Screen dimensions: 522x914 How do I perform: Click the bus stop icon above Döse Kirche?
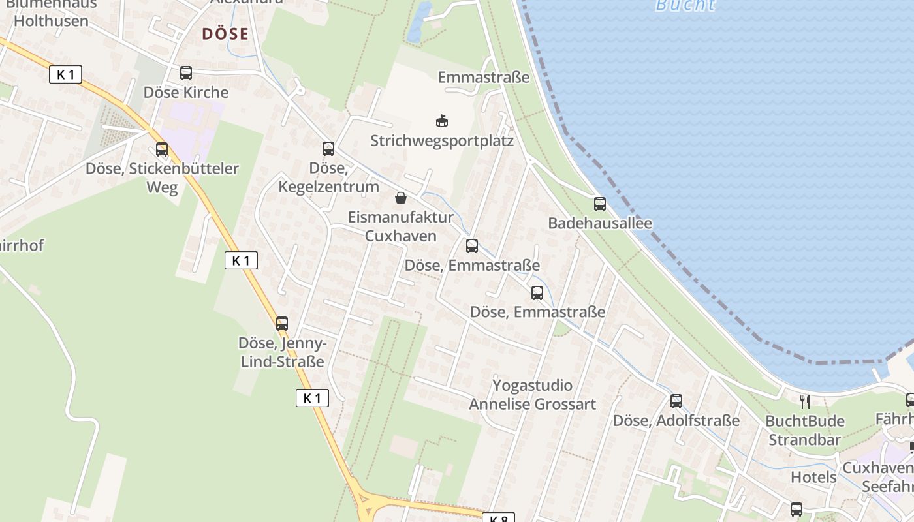(186, 73)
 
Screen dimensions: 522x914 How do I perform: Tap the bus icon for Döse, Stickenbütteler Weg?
(162, 149)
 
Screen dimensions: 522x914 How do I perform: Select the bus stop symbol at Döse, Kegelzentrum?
(328, 149)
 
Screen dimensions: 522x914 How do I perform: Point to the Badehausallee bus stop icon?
(600, 204)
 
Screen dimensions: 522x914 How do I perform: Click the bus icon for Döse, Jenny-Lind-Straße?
(282, 324)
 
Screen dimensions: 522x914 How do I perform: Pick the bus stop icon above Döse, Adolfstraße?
(676, 401)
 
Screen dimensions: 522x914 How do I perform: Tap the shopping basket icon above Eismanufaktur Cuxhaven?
(401, 198)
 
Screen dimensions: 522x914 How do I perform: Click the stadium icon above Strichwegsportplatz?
(442, 121)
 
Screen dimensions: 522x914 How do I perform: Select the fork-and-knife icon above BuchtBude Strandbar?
(805, 401)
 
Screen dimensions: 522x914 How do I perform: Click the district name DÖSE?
(225, 34)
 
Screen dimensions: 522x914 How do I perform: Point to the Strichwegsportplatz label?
(442, 141)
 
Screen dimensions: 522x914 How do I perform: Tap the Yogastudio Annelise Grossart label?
(532, 395)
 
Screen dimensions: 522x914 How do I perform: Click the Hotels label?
(813, 477)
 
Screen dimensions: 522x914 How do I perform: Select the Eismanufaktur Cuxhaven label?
(401, 226)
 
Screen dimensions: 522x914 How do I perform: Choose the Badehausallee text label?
(600, 223)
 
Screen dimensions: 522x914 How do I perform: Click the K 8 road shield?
(498, 518)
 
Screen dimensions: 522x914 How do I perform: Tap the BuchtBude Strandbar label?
(805, 430)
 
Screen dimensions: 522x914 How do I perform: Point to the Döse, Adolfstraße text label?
(676, 421)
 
